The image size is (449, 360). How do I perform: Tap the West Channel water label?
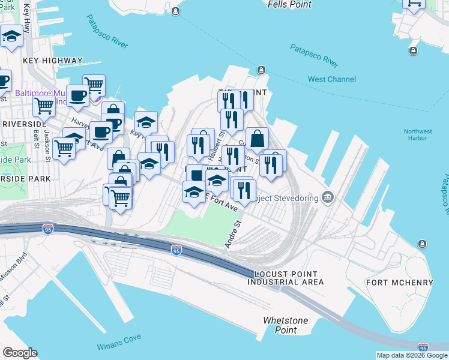coord(332,79)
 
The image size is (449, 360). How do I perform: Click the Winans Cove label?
coord(119,346)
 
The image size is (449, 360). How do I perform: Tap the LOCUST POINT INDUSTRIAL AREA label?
coord(286,277)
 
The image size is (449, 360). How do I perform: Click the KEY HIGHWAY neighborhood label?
coord(53,61)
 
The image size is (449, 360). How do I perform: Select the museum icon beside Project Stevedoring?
coord(328,197)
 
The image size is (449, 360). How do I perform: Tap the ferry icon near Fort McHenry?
coord(422,243)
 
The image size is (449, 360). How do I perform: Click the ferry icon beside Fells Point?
coord(175,11)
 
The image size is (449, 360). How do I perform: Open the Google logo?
coord(20,353)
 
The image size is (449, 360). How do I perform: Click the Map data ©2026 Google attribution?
coord(412,355)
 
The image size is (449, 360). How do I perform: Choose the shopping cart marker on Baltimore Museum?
coord(94,86)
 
